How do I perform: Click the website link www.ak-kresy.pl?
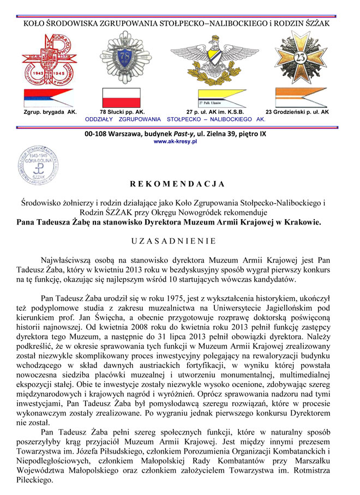(x=175, y=141)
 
